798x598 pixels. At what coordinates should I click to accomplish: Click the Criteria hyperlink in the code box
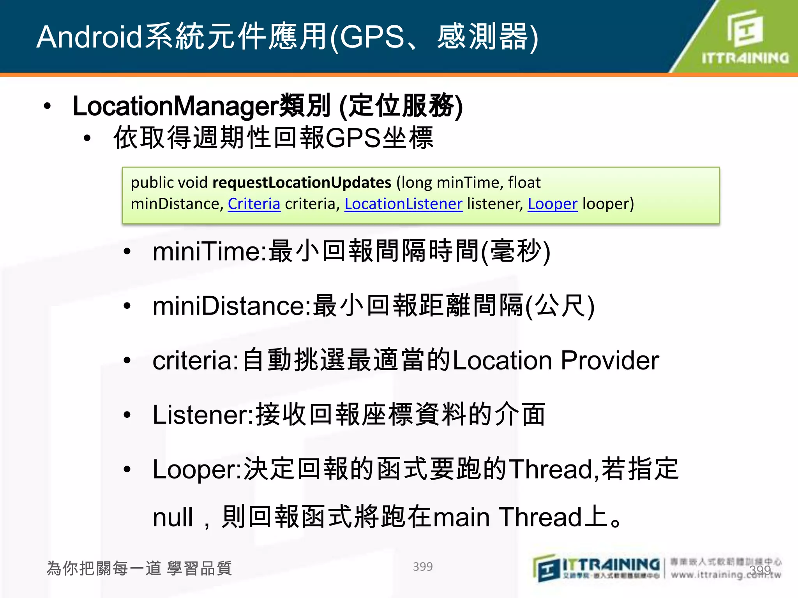coord(254,204)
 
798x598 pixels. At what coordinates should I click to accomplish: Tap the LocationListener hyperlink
coord(403,204)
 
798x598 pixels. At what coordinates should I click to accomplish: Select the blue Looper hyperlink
coord(552,204)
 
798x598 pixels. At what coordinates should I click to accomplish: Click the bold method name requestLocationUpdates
coord(302,183)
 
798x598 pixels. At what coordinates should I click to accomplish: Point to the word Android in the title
coord(90,37)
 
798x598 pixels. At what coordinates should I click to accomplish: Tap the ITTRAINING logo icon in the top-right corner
coord(745,28)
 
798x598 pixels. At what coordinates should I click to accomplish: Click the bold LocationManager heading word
coord(176,106)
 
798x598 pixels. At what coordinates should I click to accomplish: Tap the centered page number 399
coord(423,566)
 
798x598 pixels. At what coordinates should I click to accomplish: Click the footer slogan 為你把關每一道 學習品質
coord(139,568)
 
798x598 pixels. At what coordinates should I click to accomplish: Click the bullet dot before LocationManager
coord(48,106)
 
